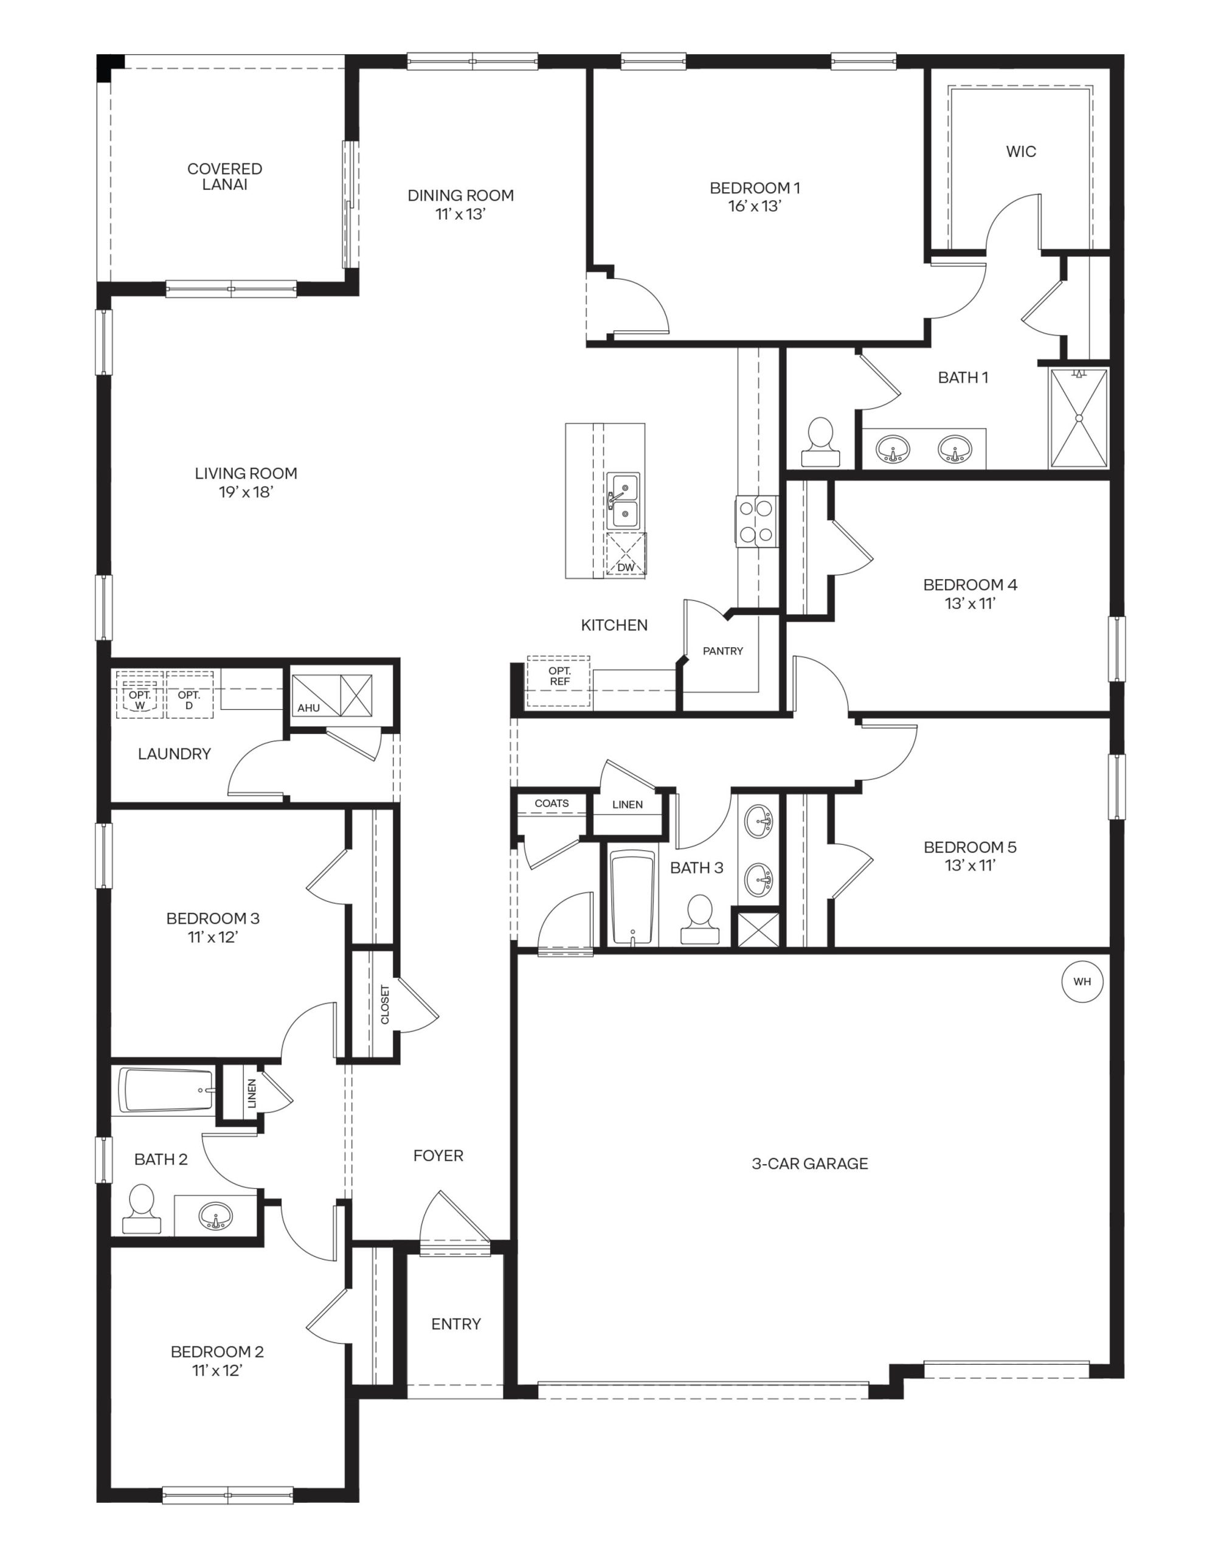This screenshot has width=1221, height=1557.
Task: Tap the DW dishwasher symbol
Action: click(x=626, y=554)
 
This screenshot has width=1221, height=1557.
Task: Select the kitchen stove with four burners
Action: click(x=756, y=521)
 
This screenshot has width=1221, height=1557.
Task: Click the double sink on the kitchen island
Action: click(x=623, y=501)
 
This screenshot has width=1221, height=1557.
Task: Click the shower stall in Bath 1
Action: click(x=1078, y=419)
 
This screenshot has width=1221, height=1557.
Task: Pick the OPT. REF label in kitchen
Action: click(x=560, y=676)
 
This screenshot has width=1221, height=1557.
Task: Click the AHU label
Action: click(x=309, y=708)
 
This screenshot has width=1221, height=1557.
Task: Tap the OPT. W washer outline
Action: click(x=140, y=700)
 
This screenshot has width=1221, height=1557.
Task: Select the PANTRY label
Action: click(x=723, y=651)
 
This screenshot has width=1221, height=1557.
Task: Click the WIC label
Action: click(x=1020, y=151)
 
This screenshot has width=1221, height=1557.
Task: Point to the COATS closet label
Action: click(x=552, y=803)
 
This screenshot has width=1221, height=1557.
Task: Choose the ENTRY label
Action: click(x=455, y=1324)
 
